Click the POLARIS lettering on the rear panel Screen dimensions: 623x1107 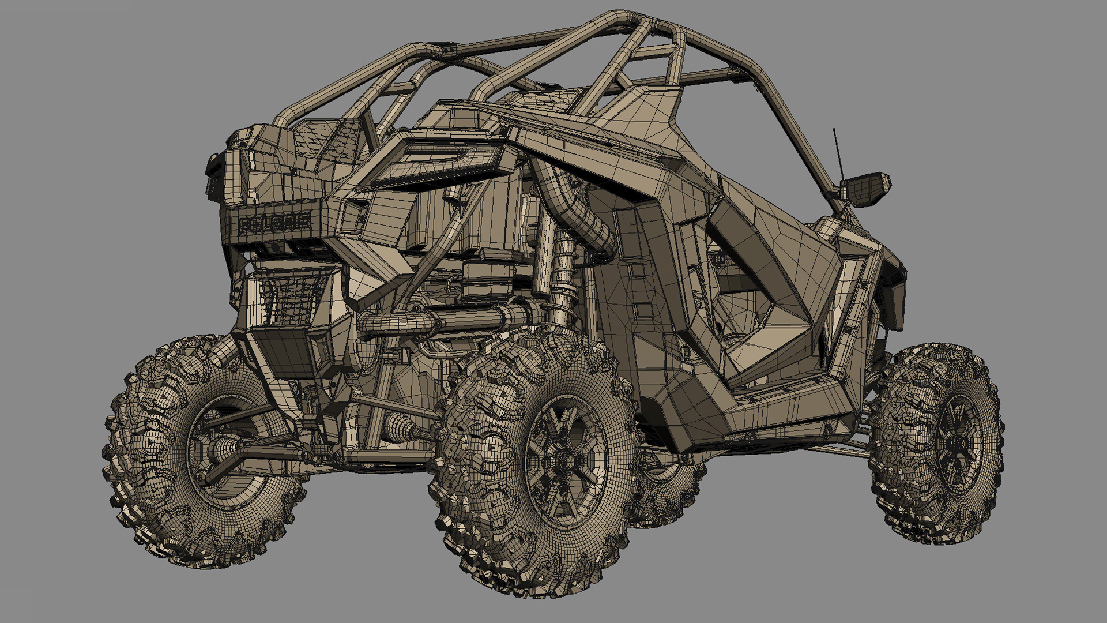tap(274, 223)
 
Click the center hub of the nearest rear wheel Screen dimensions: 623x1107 tap(562, 461)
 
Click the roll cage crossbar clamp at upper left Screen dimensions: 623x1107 tap(447, 51)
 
